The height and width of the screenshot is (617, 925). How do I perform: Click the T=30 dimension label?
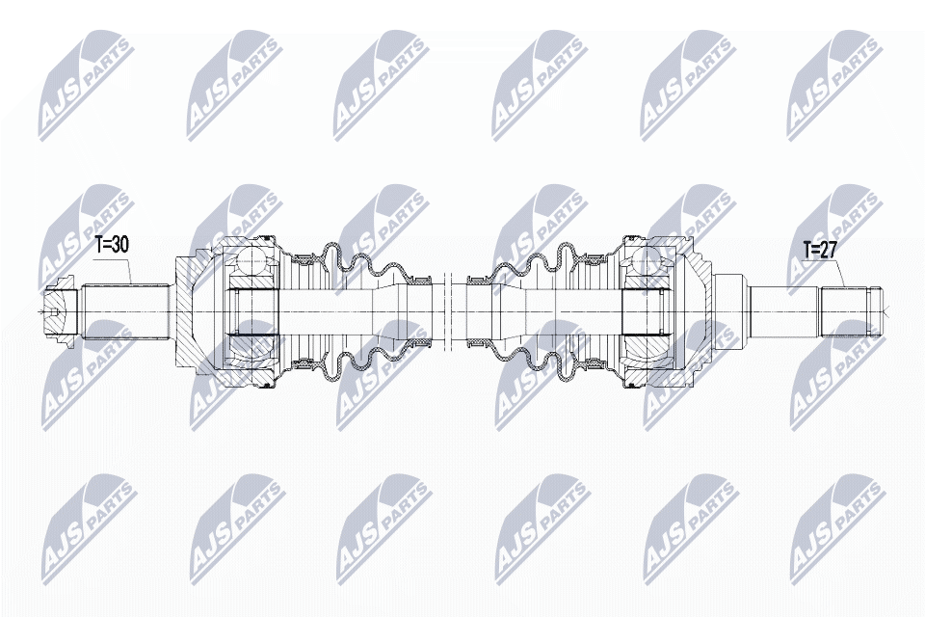112,245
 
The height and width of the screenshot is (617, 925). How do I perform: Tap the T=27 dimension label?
819,251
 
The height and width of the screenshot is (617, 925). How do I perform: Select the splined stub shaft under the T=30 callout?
125,311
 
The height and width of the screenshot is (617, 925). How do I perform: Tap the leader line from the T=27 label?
835,272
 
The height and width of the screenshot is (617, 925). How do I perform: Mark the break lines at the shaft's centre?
447,311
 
